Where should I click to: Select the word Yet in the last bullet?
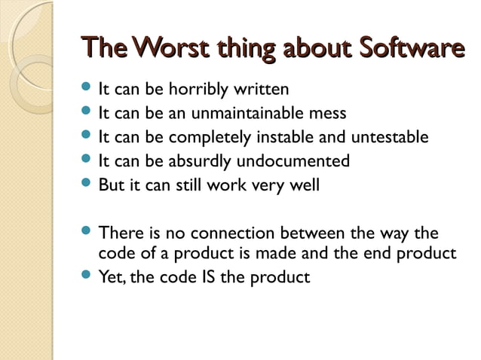point(112,277)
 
